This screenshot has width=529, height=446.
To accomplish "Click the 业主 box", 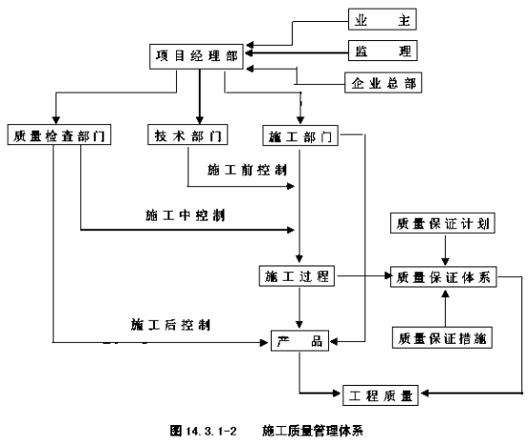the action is pos(383,19).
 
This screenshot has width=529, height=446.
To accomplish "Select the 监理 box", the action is pos(383,51).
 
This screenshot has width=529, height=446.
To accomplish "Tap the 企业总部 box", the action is pos(383,82).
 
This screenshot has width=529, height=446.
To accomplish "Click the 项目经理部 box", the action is pos(196,56).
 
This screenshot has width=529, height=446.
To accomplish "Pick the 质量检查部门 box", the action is pos(59,135).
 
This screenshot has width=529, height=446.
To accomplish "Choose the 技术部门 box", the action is pos(187,135).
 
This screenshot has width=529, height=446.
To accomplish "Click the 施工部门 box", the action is pos(300,136).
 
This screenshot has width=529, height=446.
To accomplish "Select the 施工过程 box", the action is pos(297,276).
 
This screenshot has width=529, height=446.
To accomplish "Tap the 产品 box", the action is pos(299,341).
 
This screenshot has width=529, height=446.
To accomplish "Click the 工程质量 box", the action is pos(381,395).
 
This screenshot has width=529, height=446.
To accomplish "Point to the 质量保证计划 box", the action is pos(443,223).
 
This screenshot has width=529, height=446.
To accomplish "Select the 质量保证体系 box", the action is pos(443,277).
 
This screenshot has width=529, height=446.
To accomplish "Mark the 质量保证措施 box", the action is pos(442,337).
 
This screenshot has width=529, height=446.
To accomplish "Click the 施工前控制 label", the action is pos(247,170).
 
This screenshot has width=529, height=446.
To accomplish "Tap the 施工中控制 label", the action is pos(186,215).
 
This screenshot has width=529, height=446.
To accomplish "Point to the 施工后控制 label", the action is pos(170,325).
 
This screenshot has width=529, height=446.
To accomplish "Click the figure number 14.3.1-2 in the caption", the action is pos(211,431).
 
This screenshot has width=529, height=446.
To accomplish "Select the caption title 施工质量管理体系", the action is pos(313,431).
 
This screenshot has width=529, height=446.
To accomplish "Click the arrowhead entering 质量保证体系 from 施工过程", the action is pos(387,276).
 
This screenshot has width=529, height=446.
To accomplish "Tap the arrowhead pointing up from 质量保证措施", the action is pos(446,294).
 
